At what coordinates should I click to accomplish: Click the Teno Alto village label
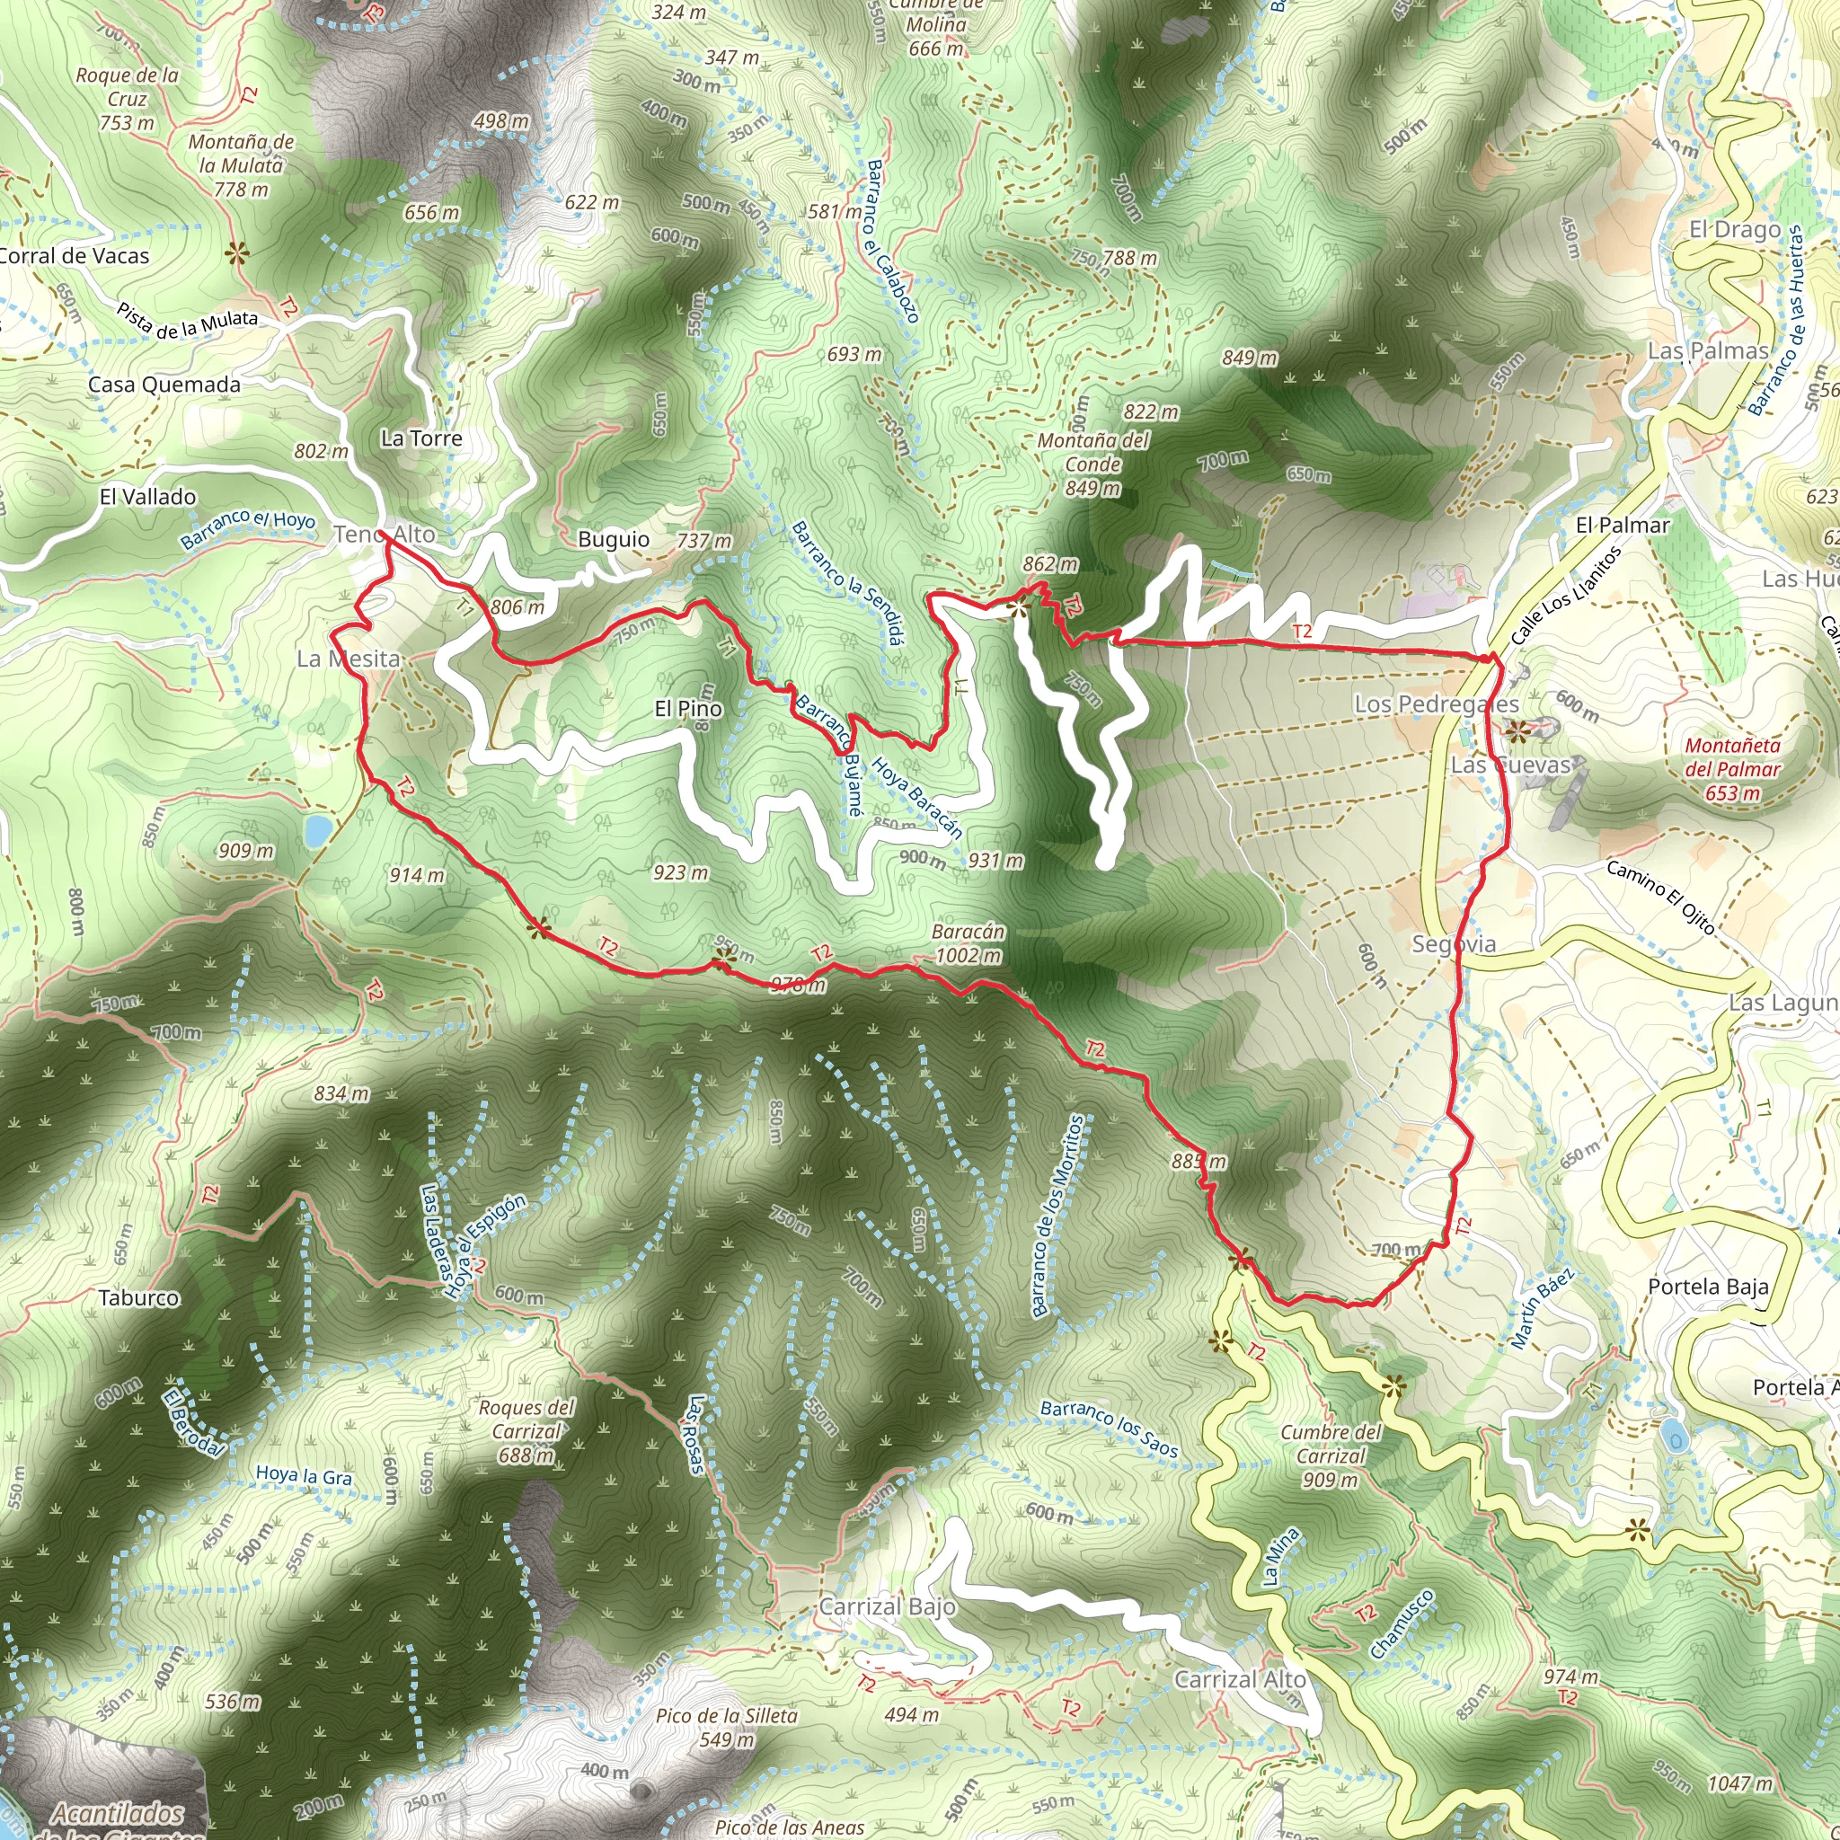pyautogui.click(x=384, y=535)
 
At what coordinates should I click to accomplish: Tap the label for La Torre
pyautogui.click(x=421, y=438)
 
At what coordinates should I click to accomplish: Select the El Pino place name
pyautogui.click(x=687, y=709)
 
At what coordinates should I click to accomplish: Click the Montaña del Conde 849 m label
pyautogui.click(x=1092, y=464)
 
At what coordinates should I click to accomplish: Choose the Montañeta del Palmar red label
pyautogui.click(x=1731, y=768)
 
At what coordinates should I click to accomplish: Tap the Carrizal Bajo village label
pyautogui.click(x=887, y=1606)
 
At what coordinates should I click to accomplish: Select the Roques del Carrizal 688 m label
pyautogui.click(x=526, y=1430)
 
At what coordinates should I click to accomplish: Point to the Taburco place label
pyautogui.click(x=138, y=1297)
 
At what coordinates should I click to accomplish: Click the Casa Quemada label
pyautogui.click(x=164, y=385)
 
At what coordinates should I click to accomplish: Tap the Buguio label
pyautogui.click(x=614, y=539)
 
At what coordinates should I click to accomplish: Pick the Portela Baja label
pyautogui.click(x=1709, y=1287)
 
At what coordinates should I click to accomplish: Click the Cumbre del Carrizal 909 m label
pyautogui.click(x=1331, y=1455)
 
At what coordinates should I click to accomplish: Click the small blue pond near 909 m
pyautogui.click(x=316, y=830)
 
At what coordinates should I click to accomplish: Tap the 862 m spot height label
pyautogui.click(x=1049, y=564)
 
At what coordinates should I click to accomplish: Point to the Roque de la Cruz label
pyautogui.click(x=128, y=98)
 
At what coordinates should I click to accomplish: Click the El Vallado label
pyautogui.click(x=147, y=496)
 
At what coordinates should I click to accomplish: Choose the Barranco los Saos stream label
pyautogui.click(x=1109, y=1429)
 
